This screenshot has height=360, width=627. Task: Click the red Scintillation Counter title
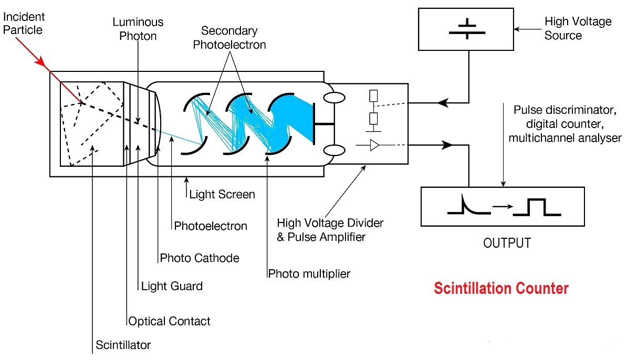tap(500, 288)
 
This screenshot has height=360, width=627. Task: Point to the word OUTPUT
tap(506, 243)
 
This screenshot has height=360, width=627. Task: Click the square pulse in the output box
tap(537, 207)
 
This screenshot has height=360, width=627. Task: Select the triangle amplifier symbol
tap(374, 145)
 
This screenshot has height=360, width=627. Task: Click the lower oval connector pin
tap(335, 151)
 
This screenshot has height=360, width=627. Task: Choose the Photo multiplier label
tap(309, 273)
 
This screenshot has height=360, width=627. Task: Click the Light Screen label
tap(222, 194)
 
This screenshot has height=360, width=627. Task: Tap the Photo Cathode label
tap(200, 258)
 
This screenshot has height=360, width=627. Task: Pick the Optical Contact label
tap(169, 321)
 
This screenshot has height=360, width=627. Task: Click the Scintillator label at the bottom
tap(123, 345)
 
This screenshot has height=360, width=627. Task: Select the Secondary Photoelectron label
tap(229, 38)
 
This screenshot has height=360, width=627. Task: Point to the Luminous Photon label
tap(138, 28)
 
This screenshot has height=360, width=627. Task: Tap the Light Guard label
tap(172, 286)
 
